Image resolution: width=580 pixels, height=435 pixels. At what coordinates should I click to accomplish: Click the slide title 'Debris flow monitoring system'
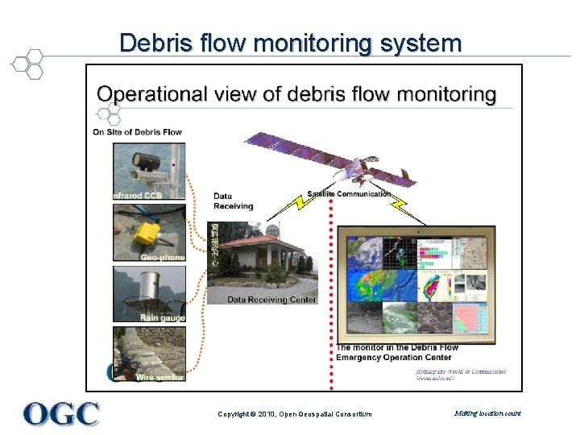click(x=290, y=43)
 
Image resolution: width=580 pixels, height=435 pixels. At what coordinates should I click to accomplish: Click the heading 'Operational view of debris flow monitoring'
click(x=296, y=94)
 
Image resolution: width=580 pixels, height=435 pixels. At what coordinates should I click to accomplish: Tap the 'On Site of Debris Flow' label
click(x=137, y=132)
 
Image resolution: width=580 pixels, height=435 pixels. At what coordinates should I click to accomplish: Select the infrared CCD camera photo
click(x=149, y=169)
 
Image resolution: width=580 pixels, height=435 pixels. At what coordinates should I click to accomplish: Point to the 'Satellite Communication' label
click(x=348, y=193)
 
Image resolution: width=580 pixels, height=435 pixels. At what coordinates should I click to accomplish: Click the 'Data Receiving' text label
click(x=233, y=201)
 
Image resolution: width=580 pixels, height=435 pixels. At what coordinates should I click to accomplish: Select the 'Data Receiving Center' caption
click(x=271, y=300)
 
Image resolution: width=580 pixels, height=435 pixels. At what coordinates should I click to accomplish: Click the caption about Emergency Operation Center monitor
click(x=396, y=352)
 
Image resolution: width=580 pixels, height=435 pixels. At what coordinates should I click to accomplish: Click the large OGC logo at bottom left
click(x=61, y=413)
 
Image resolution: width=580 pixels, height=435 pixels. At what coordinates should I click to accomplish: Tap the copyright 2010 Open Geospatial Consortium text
click(x=295, y=414)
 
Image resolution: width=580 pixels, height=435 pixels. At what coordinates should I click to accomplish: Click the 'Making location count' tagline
click(x=487, y=413)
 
